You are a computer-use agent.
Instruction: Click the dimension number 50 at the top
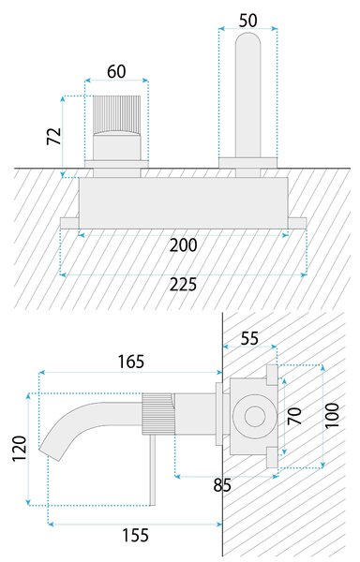coord(247,21)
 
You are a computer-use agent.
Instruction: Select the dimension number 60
coord(116,71)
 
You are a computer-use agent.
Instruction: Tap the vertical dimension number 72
coord(54,136)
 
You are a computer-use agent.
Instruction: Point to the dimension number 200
coord(183,245)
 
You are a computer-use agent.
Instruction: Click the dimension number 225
coord(183,285)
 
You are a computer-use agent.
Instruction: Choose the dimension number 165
coord(131,362)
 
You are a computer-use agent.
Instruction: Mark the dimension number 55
coord(249,338)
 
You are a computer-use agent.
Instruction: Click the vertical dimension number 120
coord(20,449)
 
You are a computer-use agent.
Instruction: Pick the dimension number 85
coord(222,485)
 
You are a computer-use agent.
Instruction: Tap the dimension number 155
coord(135,535)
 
